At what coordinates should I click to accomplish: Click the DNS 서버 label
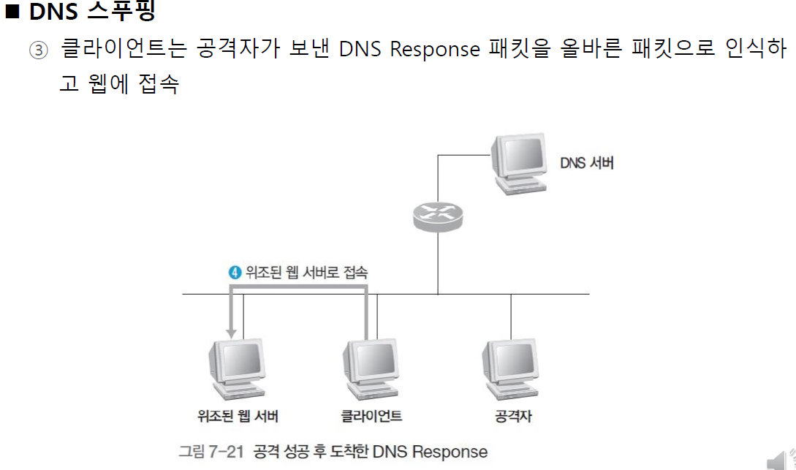coord(586,163)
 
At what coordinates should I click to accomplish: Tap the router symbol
coord(437,215)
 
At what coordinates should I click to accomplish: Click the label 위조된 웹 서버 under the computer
coord(238,417)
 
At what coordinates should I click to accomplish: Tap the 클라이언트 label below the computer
coord(371,417)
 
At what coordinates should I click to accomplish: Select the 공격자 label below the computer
coord(512,417)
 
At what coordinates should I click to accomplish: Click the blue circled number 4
coord(235,273)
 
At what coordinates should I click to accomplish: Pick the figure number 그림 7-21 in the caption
coord(211,451)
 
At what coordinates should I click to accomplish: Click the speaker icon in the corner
coord(779,459)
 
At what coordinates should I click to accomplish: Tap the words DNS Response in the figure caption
coord(430,451)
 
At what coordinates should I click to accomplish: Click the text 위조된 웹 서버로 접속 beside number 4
coord(307,273)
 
